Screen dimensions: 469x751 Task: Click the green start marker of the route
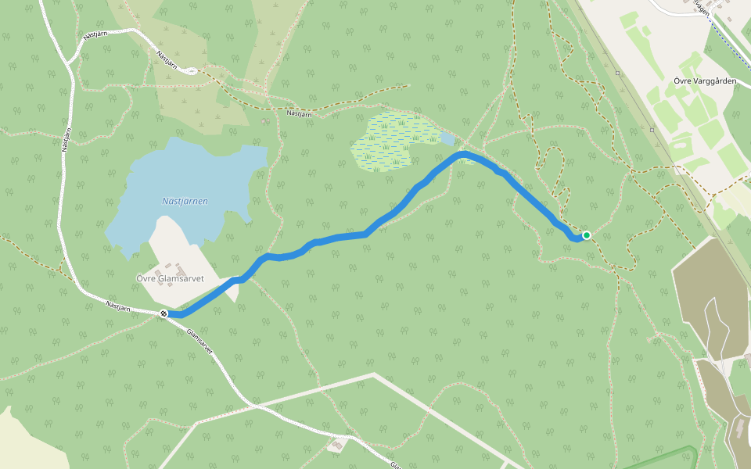[x=586, y=235]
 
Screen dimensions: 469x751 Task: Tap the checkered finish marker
[x=163, y=313]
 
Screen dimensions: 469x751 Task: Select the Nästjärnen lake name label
[x=185, y=201]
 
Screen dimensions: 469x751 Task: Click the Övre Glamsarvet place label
[x=170, y=277]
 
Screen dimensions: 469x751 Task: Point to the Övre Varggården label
[x=704, y=81]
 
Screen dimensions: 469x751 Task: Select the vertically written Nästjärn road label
[x=66, y=136]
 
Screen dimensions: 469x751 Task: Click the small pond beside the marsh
[x=447, y=138]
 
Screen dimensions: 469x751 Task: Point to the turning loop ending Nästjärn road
[x=191, y=71]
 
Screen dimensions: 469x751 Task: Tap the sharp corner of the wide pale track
[x=373, y=375]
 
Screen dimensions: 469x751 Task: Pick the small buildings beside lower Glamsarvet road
[x=338, y=445]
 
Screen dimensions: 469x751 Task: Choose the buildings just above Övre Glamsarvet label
[x=179, y=262]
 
